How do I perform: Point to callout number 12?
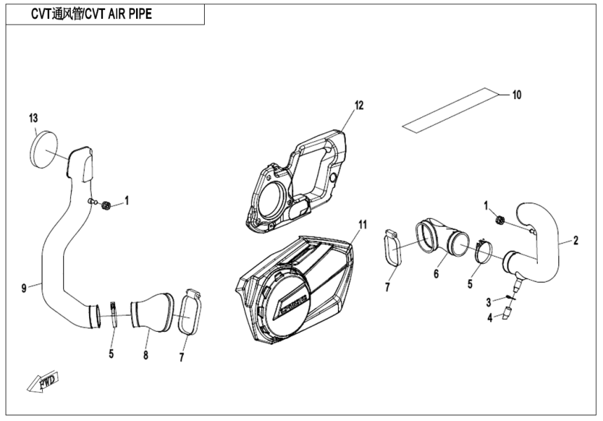358,106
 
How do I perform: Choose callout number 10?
517,94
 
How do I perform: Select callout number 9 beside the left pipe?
24,287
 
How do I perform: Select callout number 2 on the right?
575,241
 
